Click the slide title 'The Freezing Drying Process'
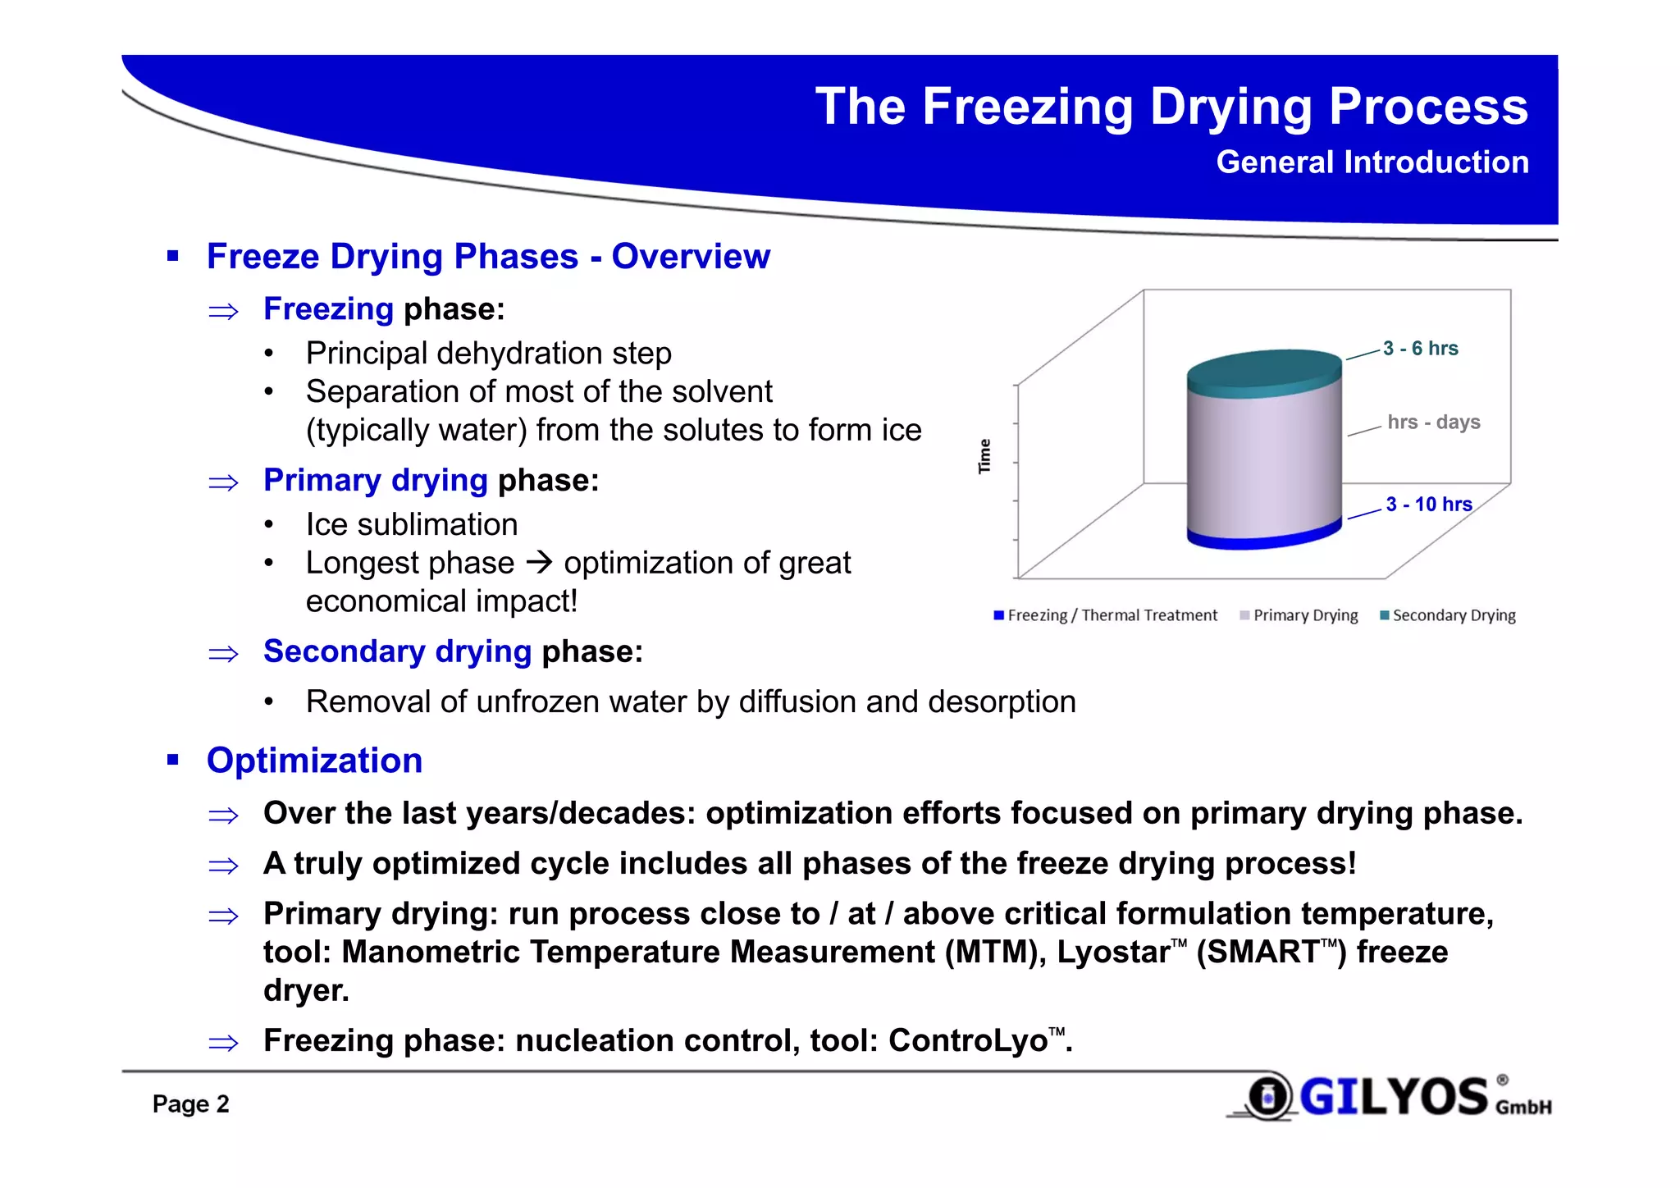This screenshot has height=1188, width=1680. pyautogui.click(x=1171, y=107)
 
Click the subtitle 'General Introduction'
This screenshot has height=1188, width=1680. pyautogui.click(x=1372, y=162)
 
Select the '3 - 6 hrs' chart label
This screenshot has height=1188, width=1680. pyautogui.click(x=1420, y=349)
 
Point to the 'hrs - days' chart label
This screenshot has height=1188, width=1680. pyautogui.click(x=1433, y=423)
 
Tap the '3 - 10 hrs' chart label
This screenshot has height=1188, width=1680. pyautogui.click(x=1428, y=505)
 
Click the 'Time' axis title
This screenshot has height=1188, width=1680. pyautogui.click(x=984, y=456)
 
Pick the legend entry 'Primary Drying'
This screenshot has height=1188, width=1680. pyautogui.click(x=1304, y=615)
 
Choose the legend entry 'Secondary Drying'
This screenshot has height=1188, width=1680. pyautogui.click(x=1453, y=615)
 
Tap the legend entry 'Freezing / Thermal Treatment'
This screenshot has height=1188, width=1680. pyautogui.click(x=1112, y=615)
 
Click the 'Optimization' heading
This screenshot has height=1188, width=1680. pyautogui.click(x=314, y=761)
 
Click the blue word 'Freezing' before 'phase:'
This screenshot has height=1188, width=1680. pyautogui.click(x=328, y=309)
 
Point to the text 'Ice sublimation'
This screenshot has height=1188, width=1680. pyautogui.click(x=412, y=525)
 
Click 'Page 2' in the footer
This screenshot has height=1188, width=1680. pyautogui.click(x=190, y=1103)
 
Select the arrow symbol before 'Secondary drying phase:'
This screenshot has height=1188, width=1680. pyautogui.click(x=223, y=654)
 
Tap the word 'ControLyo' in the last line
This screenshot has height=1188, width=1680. pyautogui.click(x=968, y=1040)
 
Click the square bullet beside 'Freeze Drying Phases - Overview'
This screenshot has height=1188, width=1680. pyautogui.click(x=172, y=257)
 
